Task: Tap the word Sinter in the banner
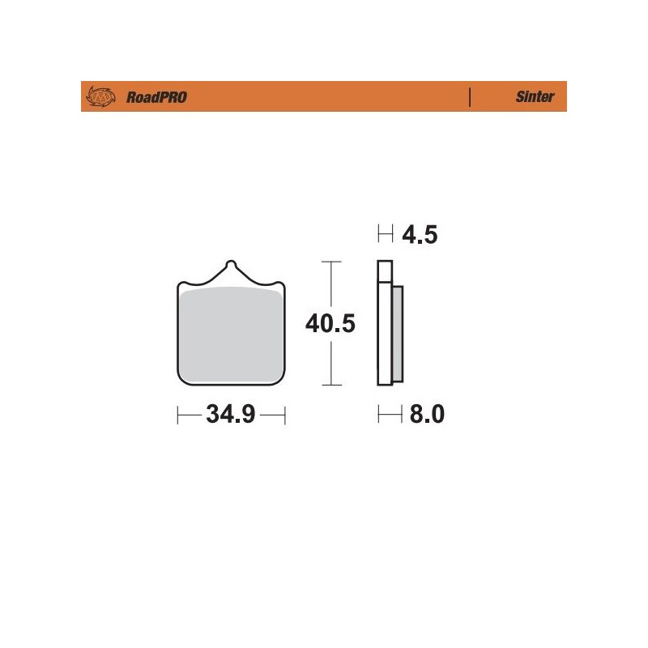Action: tap(535, 97)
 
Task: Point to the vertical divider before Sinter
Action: tap(471, 97)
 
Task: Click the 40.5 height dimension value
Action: tap(330, 324)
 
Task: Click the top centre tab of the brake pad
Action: tap(232, 266)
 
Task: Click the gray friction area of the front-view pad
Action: tap(232, 334)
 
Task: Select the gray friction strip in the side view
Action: tap(397, 334)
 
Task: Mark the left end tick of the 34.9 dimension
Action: tap(177, 416)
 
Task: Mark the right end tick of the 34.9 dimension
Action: tap(286, 416)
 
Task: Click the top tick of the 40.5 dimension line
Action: tap(329, 262)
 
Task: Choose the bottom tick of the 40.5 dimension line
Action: tap(329, 385)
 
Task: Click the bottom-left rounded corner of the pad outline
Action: tap(181, 380)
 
